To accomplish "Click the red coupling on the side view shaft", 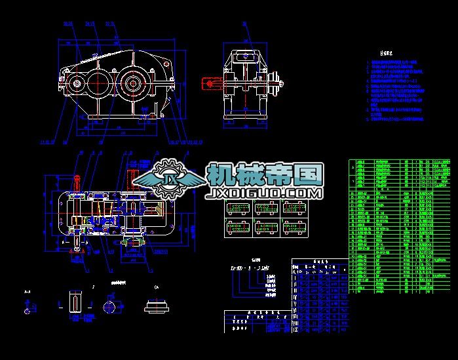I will [211, 83].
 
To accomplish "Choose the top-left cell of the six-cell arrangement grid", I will [236, 209].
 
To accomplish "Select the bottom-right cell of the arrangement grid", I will [291, 228].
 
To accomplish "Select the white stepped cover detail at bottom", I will [157, 306].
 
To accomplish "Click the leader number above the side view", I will [244, 24].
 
